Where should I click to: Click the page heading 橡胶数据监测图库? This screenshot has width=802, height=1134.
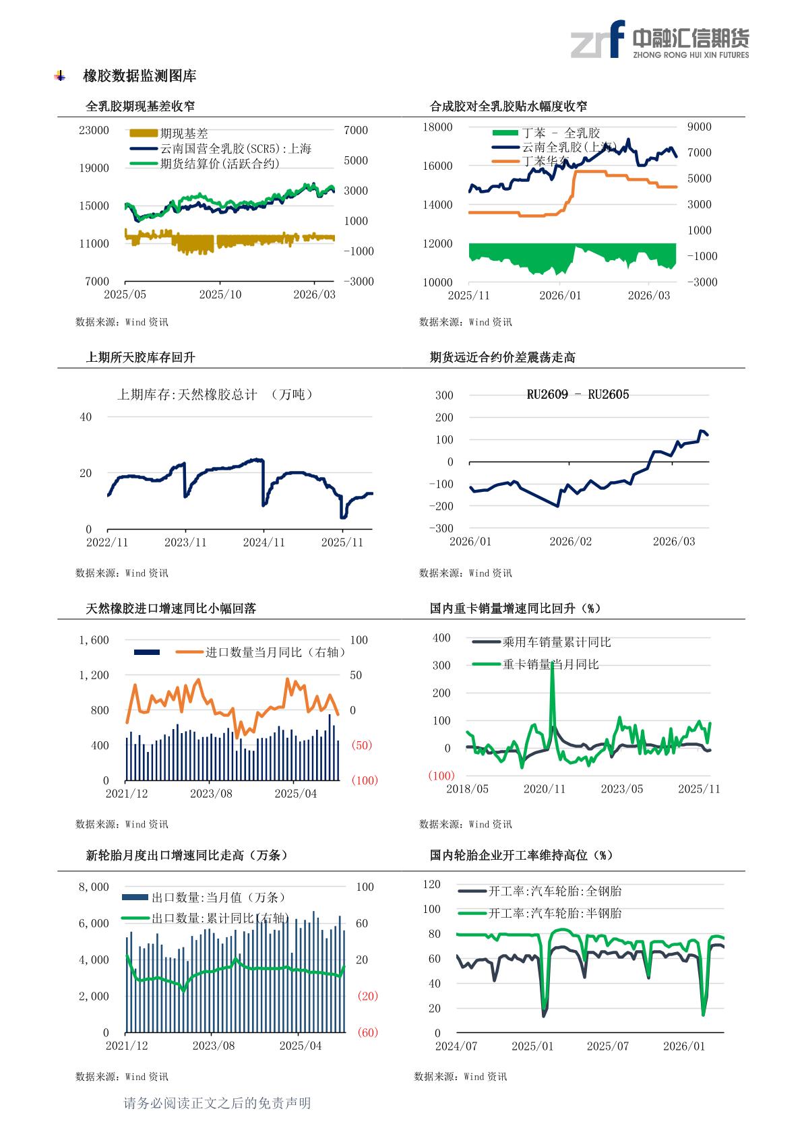pyautogui.click(x=140, y=76)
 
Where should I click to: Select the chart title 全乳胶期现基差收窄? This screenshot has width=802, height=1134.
pyautogui.click(x=141, y=106)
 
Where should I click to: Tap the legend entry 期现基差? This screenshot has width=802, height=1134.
pyautogui.click(x=184, y=133)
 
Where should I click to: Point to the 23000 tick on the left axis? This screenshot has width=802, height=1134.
pyautogui.click(x=94, y=130)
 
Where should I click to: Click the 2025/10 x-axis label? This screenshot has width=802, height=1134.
pyautogui.click(x=220, y=295)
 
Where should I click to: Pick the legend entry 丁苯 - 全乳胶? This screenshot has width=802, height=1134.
pyautogui.click(x=561, y=133)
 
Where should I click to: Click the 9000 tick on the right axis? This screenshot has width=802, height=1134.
pyautogui.click(x=699, y=127)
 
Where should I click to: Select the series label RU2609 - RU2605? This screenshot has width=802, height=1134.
pyautogui.click(x=578, y=395)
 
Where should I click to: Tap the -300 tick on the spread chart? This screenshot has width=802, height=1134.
pyautogui.click(x=442, y=528)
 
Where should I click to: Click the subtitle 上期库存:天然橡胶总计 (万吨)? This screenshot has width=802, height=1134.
pyautogui.click(x=215, y=395)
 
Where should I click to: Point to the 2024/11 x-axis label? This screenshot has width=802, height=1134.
pyautogui.click(x=264, y=542)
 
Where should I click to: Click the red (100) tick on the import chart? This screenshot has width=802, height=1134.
pyautogui.click(x=365, y=780)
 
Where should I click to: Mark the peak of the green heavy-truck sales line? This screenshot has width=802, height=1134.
pyautogui.click(x=553, y=664)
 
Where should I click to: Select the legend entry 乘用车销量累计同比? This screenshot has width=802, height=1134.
pyautogui.click(x=557, y=642)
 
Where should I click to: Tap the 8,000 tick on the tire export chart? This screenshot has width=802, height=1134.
pyautogui.click(x=94, y=887)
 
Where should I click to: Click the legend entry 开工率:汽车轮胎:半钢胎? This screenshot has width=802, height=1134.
pyautogui.click(x=555, y=914)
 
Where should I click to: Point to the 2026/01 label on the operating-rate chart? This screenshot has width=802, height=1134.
pyautogui.click(x=684, y=1046)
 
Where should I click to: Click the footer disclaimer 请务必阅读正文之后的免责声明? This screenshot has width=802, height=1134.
pyautogui.click(x=217, y=1103)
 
